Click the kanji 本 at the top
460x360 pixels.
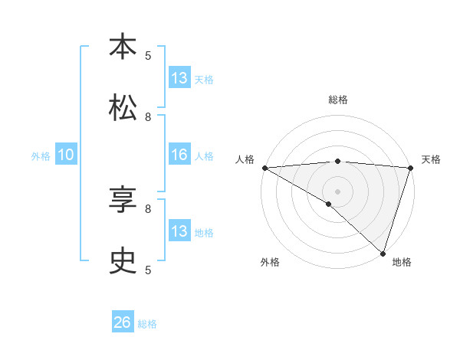click(123, 47)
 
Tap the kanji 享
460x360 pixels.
click(123, 201)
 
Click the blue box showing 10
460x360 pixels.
click(66, 155)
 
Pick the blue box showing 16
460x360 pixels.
click(179, 155)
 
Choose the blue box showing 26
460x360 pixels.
click(123, 322)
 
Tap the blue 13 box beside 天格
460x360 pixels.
click(179, 78)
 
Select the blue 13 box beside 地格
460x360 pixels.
click(179, 231)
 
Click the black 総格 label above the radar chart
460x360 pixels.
click(337, 100)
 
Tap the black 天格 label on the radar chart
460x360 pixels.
click(431, 159)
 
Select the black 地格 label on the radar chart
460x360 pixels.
click(402, 262)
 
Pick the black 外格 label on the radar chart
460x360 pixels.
click(270, 262)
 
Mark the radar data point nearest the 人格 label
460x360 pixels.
click(264, 167)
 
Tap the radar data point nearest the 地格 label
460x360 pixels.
click(383, 253)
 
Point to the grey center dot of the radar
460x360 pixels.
click(337, 190)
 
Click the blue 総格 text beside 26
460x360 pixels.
click(147, 324)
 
